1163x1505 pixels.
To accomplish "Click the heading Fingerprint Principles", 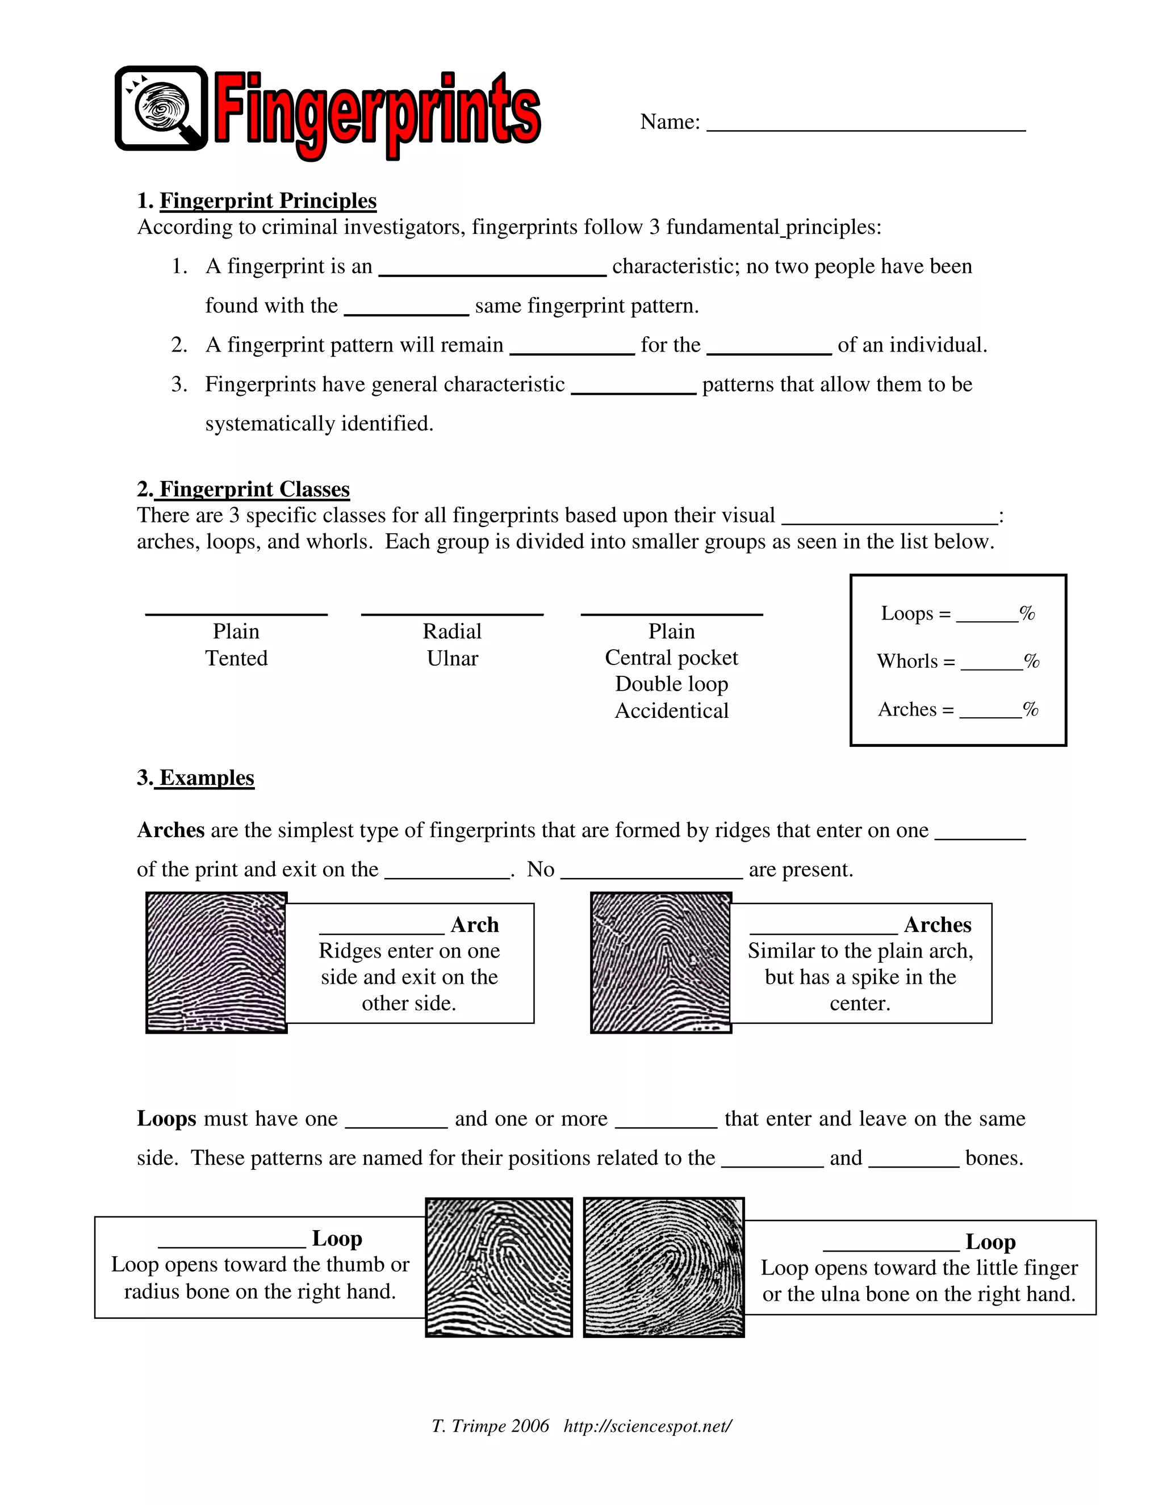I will click(x=267, y=200).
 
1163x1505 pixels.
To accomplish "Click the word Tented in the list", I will click(x=236, y=658).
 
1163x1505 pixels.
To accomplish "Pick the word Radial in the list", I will click(x=452, y=631).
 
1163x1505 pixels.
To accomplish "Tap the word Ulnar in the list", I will click(x=452, y=658).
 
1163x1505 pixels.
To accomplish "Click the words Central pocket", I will click(x=671, y=658).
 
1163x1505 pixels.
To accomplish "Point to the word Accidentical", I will click(x=671, y=710).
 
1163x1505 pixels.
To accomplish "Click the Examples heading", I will click(x=206, y=777).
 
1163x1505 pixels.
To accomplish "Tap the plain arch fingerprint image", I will click(x=216, y=962).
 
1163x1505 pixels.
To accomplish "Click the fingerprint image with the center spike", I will click(x=661, y=962).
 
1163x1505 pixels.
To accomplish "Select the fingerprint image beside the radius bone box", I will click(x=499, y=1266).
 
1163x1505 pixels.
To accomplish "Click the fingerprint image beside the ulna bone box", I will click(x=663, y=1266).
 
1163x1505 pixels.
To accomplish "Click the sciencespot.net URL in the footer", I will click(x=647, y=1425).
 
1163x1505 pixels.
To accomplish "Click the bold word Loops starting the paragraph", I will click(x=167, y=1118).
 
